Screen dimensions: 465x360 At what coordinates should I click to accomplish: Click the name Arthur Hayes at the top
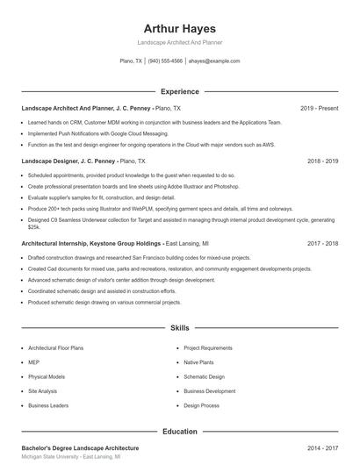point(179,28)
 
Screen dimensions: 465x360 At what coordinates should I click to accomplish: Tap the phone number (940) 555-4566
point(165,61)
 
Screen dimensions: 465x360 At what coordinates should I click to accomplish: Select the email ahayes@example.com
point(214,61)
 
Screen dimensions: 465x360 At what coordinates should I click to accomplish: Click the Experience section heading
point(179,91)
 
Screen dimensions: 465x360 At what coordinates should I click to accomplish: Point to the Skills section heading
point(179,328)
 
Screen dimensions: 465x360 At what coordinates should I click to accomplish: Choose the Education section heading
point(179,432)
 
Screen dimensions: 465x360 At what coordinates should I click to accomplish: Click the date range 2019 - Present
point(319,109)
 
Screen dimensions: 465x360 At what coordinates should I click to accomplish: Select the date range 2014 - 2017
point(323,448)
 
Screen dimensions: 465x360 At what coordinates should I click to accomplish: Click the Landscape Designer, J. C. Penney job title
point(68,161)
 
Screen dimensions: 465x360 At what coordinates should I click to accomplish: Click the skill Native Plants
point(198,361)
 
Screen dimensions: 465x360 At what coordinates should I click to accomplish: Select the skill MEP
point(33,361)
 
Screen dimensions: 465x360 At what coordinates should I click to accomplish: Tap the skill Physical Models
point(46,376)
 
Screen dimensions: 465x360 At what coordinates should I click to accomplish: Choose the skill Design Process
point(201,405)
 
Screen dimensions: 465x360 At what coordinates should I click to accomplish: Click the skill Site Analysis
point(42,391)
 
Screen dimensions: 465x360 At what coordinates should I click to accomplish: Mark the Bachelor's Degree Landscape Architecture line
point(80,448)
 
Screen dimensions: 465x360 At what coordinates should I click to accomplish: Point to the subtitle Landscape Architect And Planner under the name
point(179,43)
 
